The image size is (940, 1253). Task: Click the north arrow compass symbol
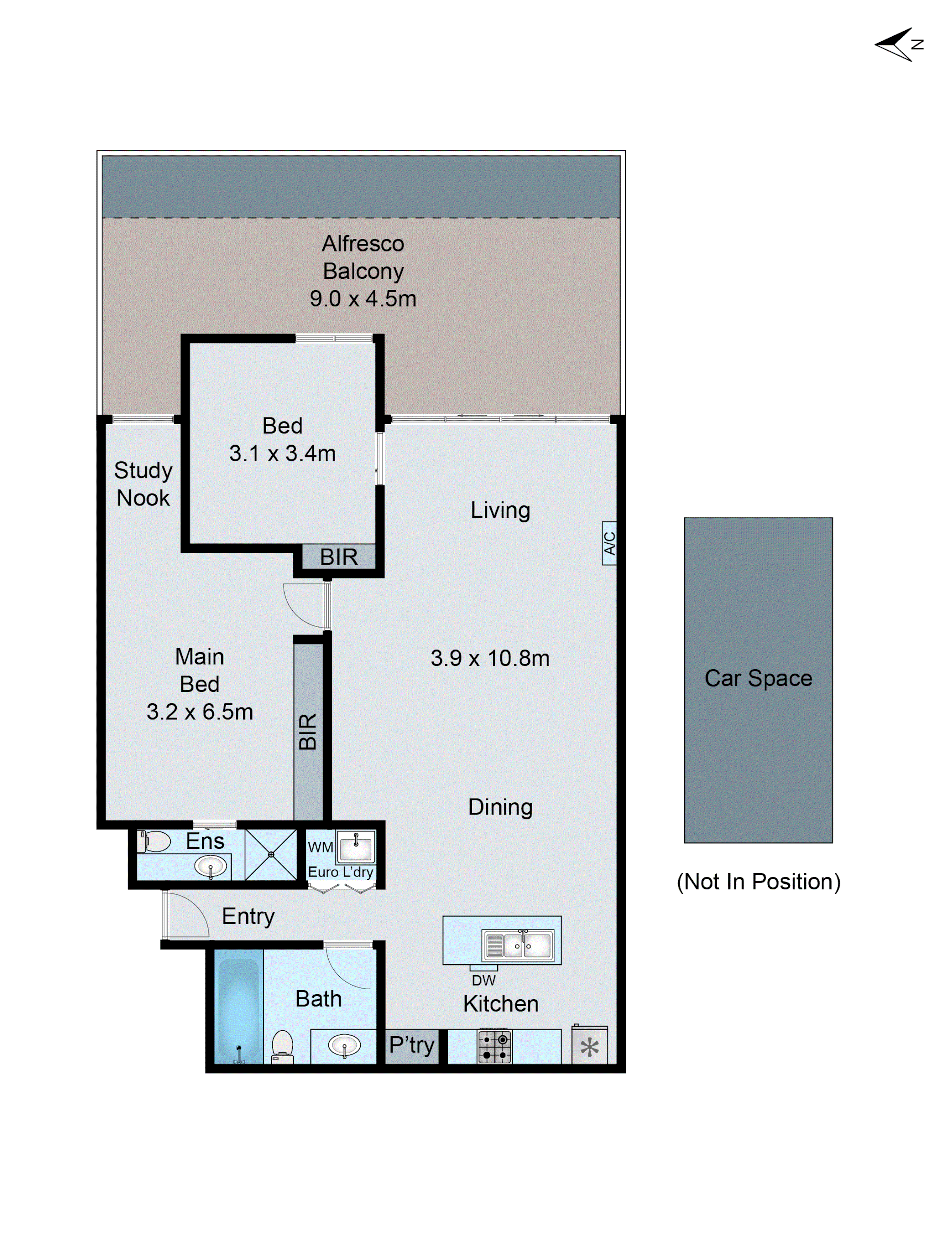click(897, 44)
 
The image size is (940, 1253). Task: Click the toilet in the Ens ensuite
click(154, 841)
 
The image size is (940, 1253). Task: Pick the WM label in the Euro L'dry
click(320, 847)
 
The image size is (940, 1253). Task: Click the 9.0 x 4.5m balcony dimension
click(363, 298)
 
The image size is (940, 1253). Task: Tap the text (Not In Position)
click(758, 881)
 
